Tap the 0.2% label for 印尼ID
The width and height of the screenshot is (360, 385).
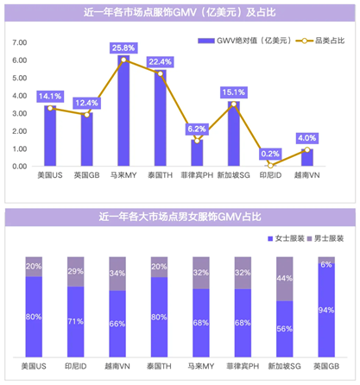coord(270,153)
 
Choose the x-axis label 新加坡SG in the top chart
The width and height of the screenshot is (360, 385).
coord(234,175)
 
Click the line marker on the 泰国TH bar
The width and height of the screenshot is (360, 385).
coord(161,74)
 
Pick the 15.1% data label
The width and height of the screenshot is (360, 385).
coord(234,92)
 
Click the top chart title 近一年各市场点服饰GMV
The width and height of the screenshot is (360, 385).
coord(180,14)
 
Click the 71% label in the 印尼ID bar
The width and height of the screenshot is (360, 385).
coord(75,320)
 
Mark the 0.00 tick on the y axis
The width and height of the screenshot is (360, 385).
coord(19,167)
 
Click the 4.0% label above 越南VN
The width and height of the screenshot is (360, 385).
coord(306,137)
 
